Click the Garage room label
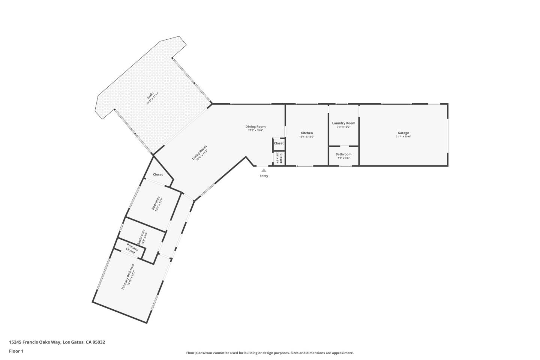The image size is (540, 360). pos(403,133)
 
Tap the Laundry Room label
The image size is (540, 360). pos(343,123)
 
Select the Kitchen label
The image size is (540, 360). pos(307,133)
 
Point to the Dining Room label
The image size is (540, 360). pos(255,127)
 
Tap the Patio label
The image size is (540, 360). pos(150,98)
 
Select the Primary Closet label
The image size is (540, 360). pos(131,249)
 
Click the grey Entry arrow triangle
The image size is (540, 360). pos(264,170)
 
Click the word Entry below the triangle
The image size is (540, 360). pos(264,176)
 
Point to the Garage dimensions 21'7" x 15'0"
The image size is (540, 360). pos(403,137)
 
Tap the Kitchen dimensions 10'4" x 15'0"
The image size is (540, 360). pos(307,137)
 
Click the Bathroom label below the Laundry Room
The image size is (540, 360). pos(343,154)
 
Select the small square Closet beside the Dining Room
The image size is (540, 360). pos(279,143)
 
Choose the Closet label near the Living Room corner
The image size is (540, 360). pos(158,174)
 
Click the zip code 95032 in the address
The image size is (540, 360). pos(99,342)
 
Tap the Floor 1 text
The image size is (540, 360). pos(16,351)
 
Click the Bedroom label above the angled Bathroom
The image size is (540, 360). pos(155,203)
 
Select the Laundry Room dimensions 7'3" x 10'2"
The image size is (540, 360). pos(343,127)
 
